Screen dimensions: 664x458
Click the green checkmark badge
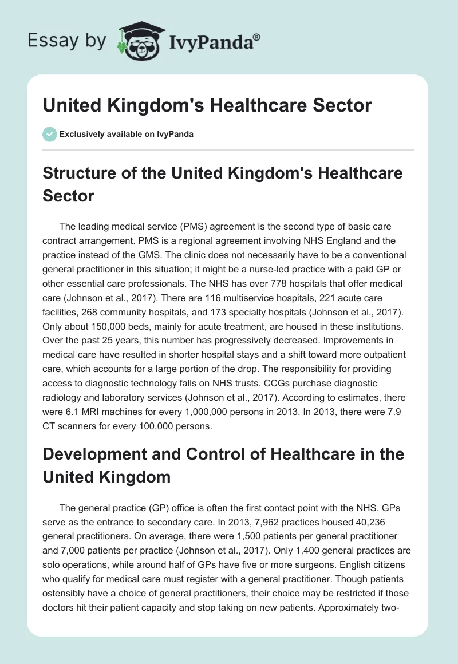49,134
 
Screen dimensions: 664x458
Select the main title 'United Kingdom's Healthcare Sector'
207,105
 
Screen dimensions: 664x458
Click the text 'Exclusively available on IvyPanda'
126,135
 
